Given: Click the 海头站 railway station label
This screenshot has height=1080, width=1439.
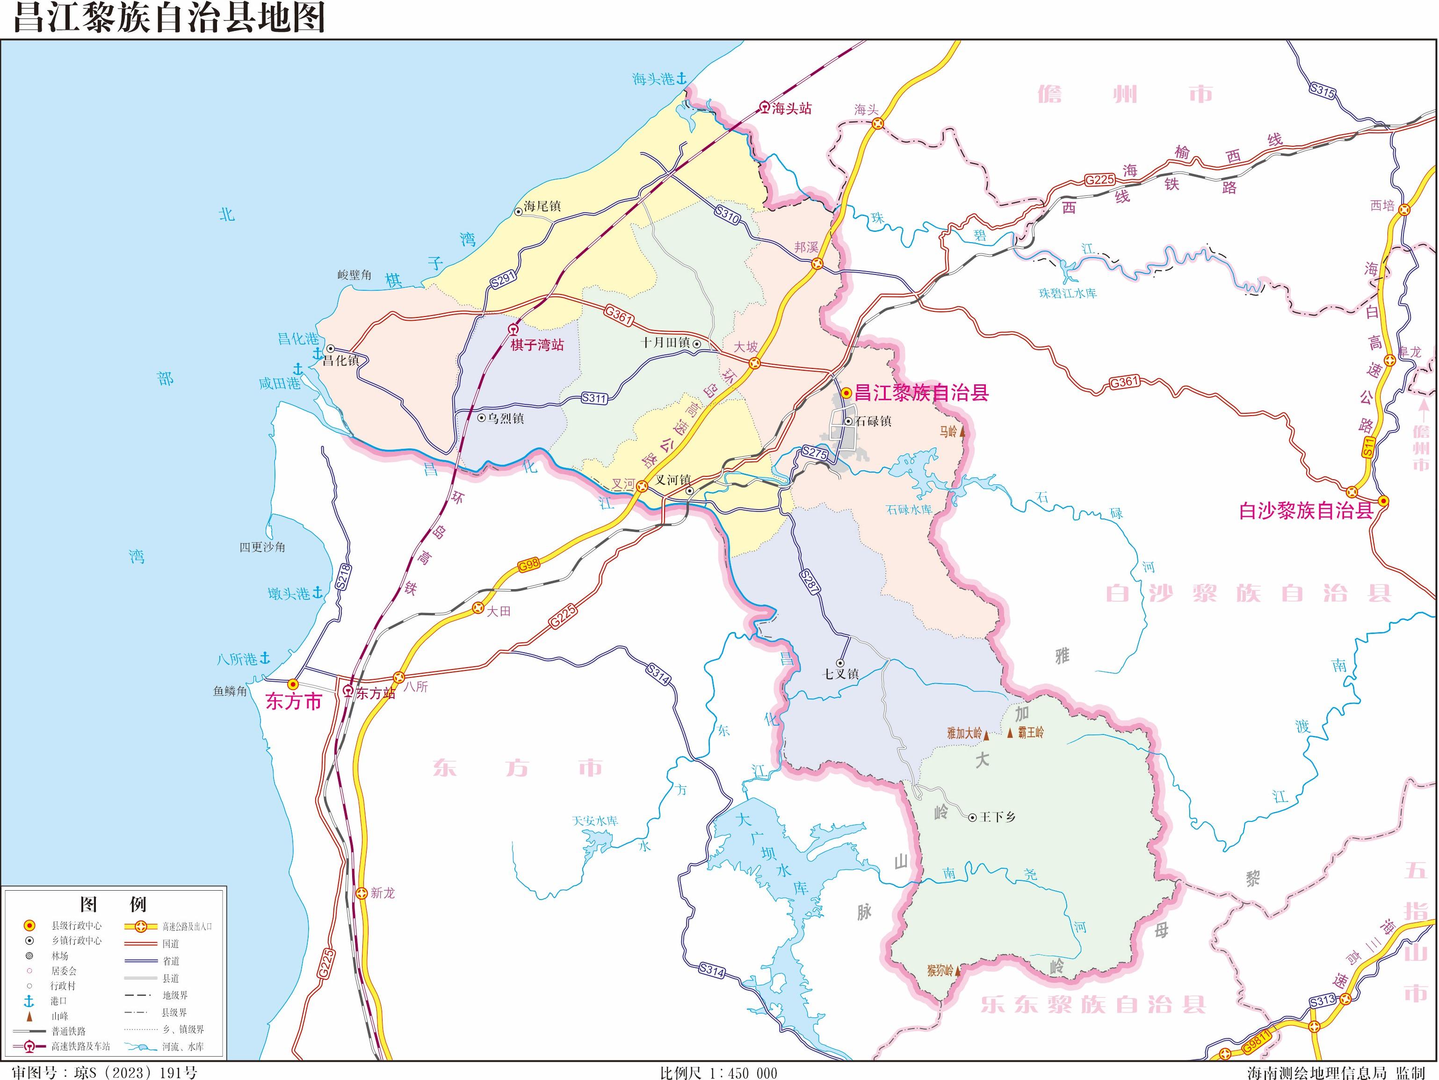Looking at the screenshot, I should tap(792, 108).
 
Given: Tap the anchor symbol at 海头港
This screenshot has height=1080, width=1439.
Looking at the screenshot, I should tap(681, 79).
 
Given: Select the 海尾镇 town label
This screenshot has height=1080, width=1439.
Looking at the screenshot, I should tap(542, 206).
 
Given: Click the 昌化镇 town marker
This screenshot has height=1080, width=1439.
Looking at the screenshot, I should tap(331, 348).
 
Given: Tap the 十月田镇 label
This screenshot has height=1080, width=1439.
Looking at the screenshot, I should tap(665, 343).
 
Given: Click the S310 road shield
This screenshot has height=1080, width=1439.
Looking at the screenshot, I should tap(727, 215).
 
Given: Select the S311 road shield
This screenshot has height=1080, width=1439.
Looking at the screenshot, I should tap(594, 398).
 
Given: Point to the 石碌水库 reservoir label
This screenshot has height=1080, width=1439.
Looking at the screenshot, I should tap(909, 510).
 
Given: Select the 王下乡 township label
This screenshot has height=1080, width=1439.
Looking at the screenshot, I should tap(998, 817).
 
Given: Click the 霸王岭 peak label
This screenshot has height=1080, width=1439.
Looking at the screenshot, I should tap(1031, 732).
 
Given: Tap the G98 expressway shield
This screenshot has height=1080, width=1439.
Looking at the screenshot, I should tap(529, 565).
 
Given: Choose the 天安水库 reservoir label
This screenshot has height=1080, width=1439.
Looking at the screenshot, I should tap(594, 821).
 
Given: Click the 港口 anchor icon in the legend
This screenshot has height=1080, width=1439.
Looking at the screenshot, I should tap(29, 1002).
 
